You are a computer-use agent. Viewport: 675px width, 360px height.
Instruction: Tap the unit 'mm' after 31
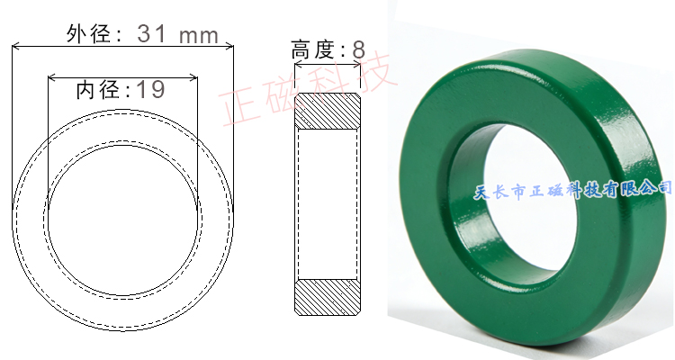tap(199, 35)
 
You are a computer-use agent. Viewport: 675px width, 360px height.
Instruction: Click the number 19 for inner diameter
tap(150, 89)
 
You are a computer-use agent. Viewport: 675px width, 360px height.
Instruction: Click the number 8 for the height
tap(358, 49)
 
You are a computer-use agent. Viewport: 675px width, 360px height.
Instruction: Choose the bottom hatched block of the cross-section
tap(328, 296)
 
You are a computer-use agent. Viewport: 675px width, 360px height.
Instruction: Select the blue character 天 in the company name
tap(481, 191)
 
